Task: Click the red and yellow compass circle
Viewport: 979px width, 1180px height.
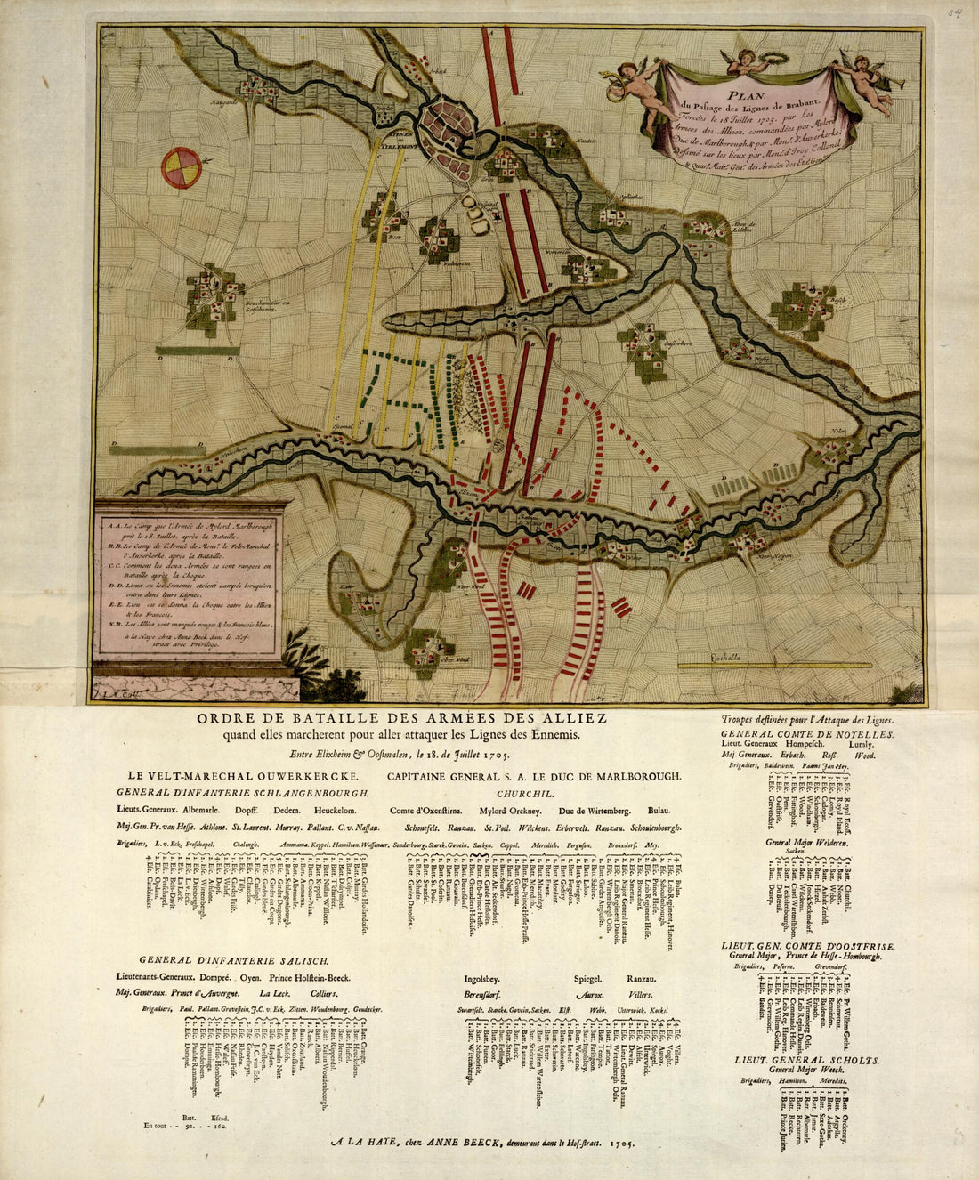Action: pos(182,168)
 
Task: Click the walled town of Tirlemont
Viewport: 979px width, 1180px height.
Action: pos(450,125)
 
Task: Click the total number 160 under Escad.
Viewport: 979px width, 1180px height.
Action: pos(219,1126)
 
